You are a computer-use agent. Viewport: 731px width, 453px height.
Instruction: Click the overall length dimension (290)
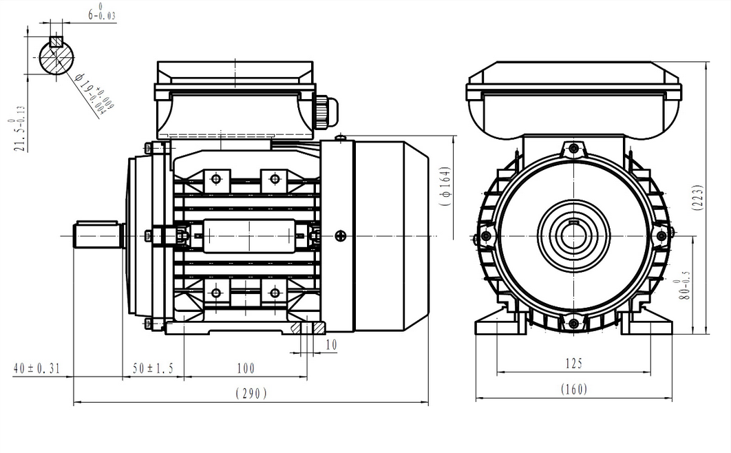click(251, 393)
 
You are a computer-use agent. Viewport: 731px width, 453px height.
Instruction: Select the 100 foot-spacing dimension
click(245, 369)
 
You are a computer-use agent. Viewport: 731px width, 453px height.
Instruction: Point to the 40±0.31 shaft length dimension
click(36, 369)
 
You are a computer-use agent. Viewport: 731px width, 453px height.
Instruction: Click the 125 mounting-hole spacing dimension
click(573, 363)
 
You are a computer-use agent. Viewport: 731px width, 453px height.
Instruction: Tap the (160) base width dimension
click(573, 389)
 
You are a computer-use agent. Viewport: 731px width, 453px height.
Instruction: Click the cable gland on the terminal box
click(324, 109)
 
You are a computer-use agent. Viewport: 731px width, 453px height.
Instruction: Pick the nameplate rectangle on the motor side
click(250, 236)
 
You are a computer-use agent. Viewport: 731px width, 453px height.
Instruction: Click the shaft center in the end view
click(573, 236)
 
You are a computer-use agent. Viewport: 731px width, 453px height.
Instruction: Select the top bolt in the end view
click(573, 149)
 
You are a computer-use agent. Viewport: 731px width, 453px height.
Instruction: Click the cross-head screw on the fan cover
click(341, 236)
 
